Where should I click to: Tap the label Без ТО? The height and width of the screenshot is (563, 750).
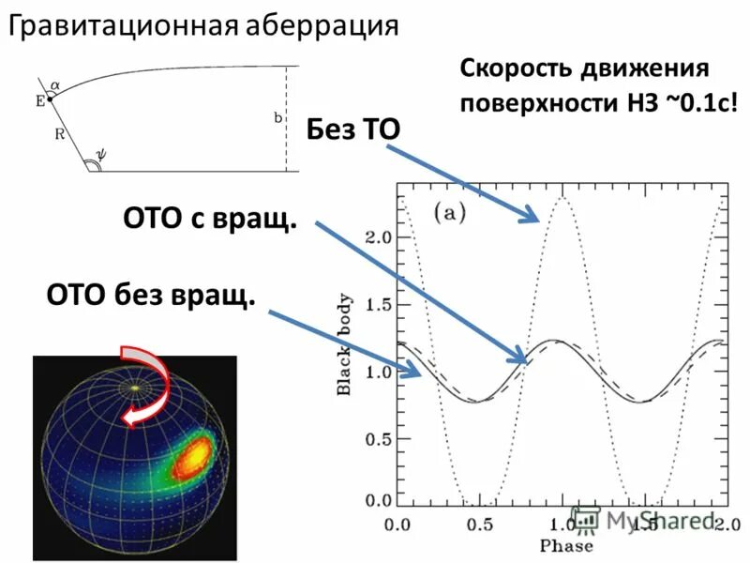[353, 129]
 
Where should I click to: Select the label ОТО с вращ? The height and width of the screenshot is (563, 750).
[210, 221]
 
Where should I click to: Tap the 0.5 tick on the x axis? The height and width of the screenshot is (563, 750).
[481, 522]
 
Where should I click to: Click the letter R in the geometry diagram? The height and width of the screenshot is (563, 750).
[58, 134]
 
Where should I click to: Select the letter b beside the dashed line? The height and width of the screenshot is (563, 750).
[277, 118]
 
